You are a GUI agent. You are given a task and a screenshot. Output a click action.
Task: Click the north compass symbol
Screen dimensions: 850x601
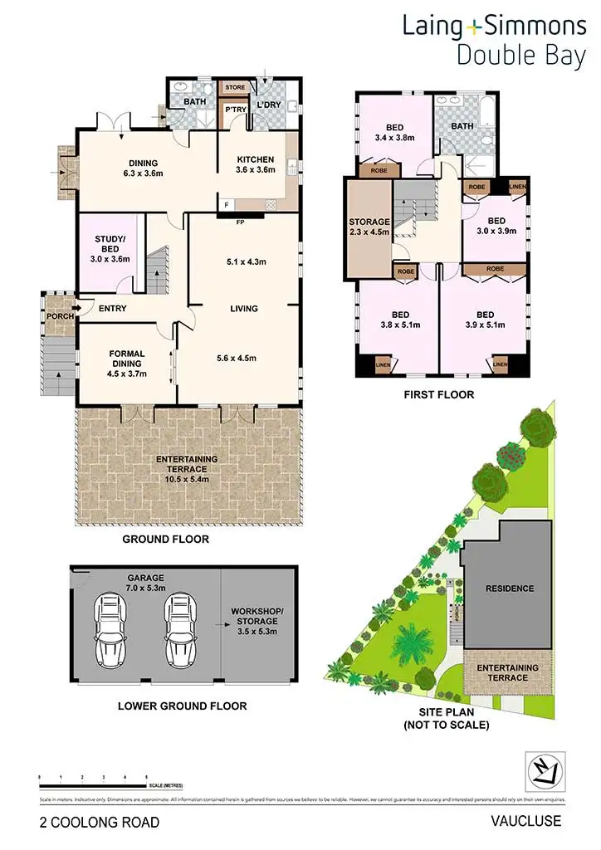click(545, 770)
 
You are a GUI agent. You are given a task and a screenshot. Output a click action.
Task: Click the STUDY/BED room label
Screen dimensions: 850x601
click(110, 248)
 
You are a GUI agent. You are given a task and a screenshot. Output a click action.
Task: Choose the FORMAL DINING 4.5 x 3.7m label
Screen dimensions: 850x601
click(126, 364)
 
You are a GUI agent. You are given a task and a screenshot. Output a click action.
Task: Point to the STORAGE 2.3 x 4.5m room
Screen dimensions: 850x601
click(369, 227)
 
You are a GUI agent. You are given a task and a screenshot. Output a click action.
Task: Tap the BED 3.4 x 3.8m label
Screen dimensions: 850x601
click(394, 132)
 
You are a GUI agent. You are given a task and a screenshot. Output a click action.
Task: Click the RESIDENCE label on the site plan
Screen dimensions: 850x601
click(510, 589)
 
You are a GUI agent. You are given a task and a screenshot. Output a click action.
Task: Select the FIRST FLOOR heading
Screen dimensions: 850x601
click(439, 394)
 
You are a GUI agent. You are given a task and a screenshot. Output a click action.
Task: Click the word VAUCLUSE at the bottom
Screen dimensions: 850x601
click(526, 822)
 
